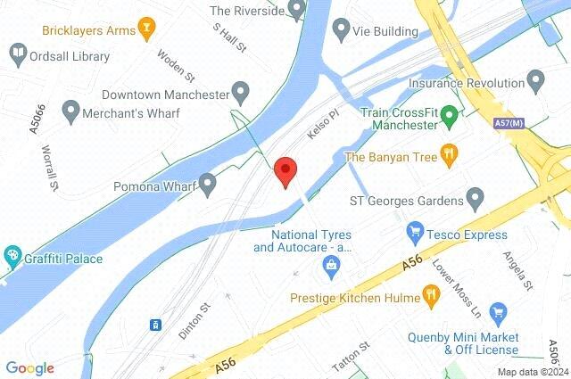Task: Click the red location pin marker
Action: [285, 169]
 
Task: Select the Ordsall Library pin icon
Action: [17, 56]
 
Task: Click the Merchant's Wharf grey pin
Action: [71, 113]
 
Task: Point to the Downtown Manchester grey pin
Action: [240, 93]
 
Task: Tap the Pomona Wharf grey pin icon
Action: [207, 186]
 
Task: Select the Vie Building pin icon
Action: [340, 31]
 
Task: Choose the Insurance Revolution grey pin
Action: [535, 82]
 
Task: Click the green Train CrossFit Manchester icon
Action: [450, 114]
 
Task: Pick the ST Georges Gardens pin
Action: [476, 197]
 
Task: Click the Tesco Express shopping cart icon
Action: [414, 233]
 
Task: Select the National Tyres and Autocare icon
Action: [331, 265]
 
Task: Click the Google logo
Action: [29, 367]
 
